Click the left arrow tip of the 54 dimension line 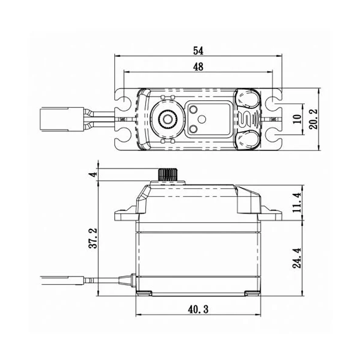click(114, 56)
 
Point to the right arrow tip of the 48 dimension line click(272, 72)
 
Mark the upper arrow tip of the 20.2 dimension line click(319, 88)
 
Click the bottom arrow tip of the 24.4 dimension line click(302, 296)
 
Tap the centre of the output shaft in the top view click(168, 119)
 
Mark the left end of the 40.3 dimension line click(136, 314)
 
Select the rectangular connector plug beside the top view click(62, 120)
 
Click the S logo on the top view click(246, 119)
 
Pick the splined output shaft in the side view click(168, 175)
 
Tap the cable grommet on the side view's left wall click(127, 280)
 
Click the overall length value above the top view click(198, 51)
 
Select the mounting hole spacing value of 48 click(198, 67)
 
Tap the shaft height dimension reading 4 click(93, 175)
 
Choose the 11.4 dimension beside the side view click(297, 202)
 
